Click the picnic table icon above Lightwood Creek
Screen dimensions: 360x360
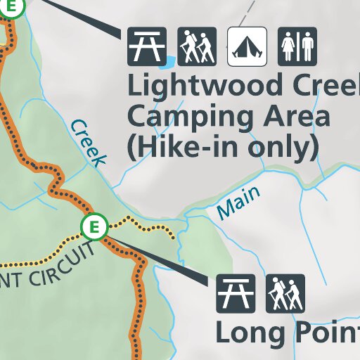(x=147, y=46)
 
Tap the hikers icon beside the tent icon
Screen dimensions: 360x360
(x=197, y=46)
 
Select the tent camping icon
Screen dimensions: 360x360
(x=247, y=46)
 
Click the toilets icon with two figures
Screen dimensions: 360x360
(x=297, y=46)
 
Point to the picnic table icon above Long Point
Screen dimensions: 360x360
(x=235, y=293)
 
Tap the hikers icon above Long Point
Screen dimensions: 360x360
(x=285, y=293)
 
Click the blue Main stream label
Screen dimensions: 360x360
(x=238, y=202)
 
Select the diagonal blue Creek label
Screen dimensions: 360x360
(x=89, y=143)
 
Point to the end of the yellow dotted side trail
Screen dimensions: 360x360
(x=173, y=237)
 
